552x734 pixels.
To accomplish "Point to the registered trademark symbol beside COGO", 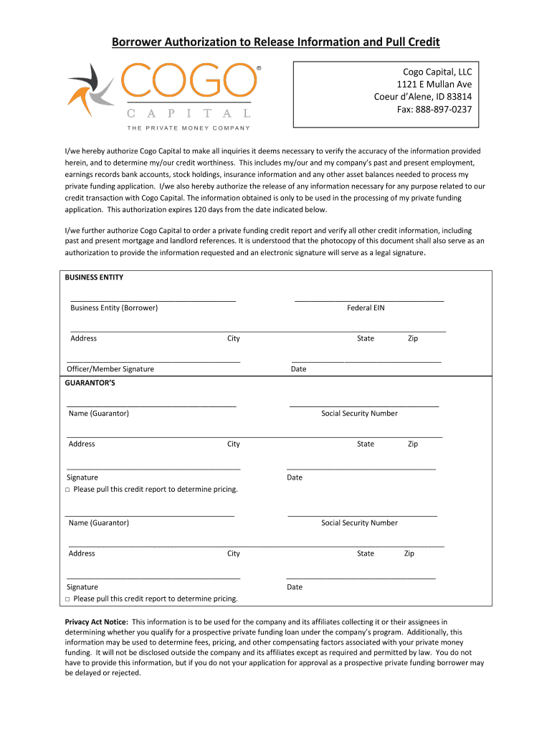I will point(259,70).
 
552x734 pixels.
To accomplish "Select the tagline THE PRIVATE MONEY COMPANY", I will point(189,128).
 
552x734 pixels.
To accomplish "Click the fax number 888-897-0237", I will point(444,110).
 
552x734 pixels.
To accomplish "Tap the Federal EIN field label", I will point(366,308).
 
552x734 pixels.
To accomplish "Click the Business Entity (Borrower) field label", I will point(114,308).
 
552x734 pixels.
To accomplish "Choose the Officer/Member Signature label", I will point(110,369).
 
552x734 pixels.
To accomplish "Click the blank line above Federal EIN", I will point(369,300).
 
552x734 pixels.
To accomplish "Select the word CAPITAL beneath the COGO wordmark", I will point(189,113).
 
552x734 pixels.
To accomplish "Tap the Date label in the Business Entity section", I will point(298,369).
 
